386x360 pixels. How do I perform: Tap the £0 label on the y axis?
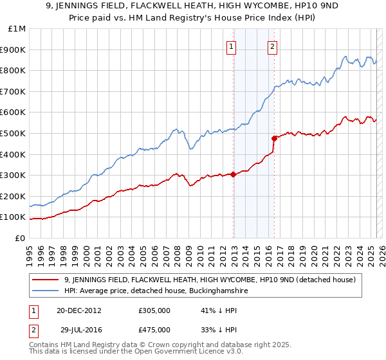[21, 238]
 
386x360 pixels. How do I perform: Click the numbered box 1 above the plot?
[230, 46]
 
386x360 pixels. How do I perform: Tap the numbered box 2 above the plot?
[273, 46]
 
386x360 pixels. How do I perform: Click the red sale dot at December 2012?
[234, 174]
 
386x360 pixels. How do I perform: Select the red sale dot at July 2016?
[274, 138]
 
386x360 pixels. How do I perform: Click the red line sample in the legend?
[46, 279]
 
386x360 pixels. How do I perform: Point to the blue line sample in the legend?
[46, 291]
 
